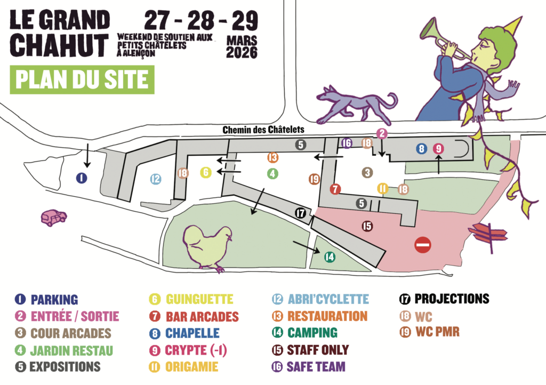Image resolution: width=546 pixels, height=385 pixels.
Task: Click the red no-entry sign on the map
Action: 423,245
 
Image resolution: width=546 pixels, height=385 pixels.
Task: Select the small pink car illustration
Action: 54,218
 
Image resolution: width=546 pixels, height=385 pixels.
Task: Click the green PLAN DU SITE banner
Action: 82,79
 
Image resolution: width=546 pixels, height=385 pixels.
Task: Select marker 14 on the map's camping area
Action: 330,257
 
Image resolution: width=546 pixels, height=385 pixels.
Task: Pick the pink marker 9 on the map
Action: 438,149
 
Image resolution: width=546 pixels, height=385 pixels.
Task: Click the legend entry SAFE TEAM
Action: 316,367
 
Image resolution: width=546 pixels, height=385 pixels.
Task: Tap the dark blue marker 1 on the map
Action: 81,178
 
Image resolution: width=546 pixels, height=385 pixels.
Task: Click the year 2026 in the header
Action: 242,53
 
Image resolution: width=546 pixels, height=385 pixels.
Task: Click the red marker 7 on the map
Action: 335,189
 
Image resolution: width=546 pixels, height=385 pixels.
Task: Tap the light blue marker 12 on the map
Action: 155,179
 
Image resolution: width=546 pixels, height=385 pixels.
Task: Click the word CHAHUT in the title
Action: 59,46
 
